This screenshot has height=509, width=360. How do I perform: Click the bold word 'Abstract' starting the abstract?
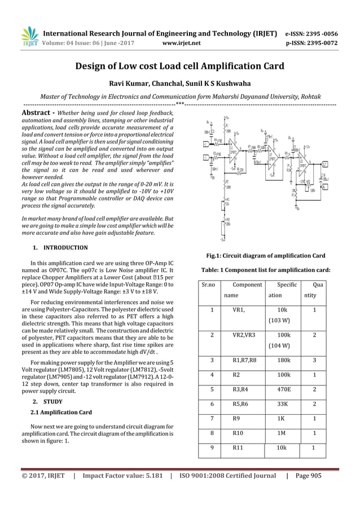point(37,112)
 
